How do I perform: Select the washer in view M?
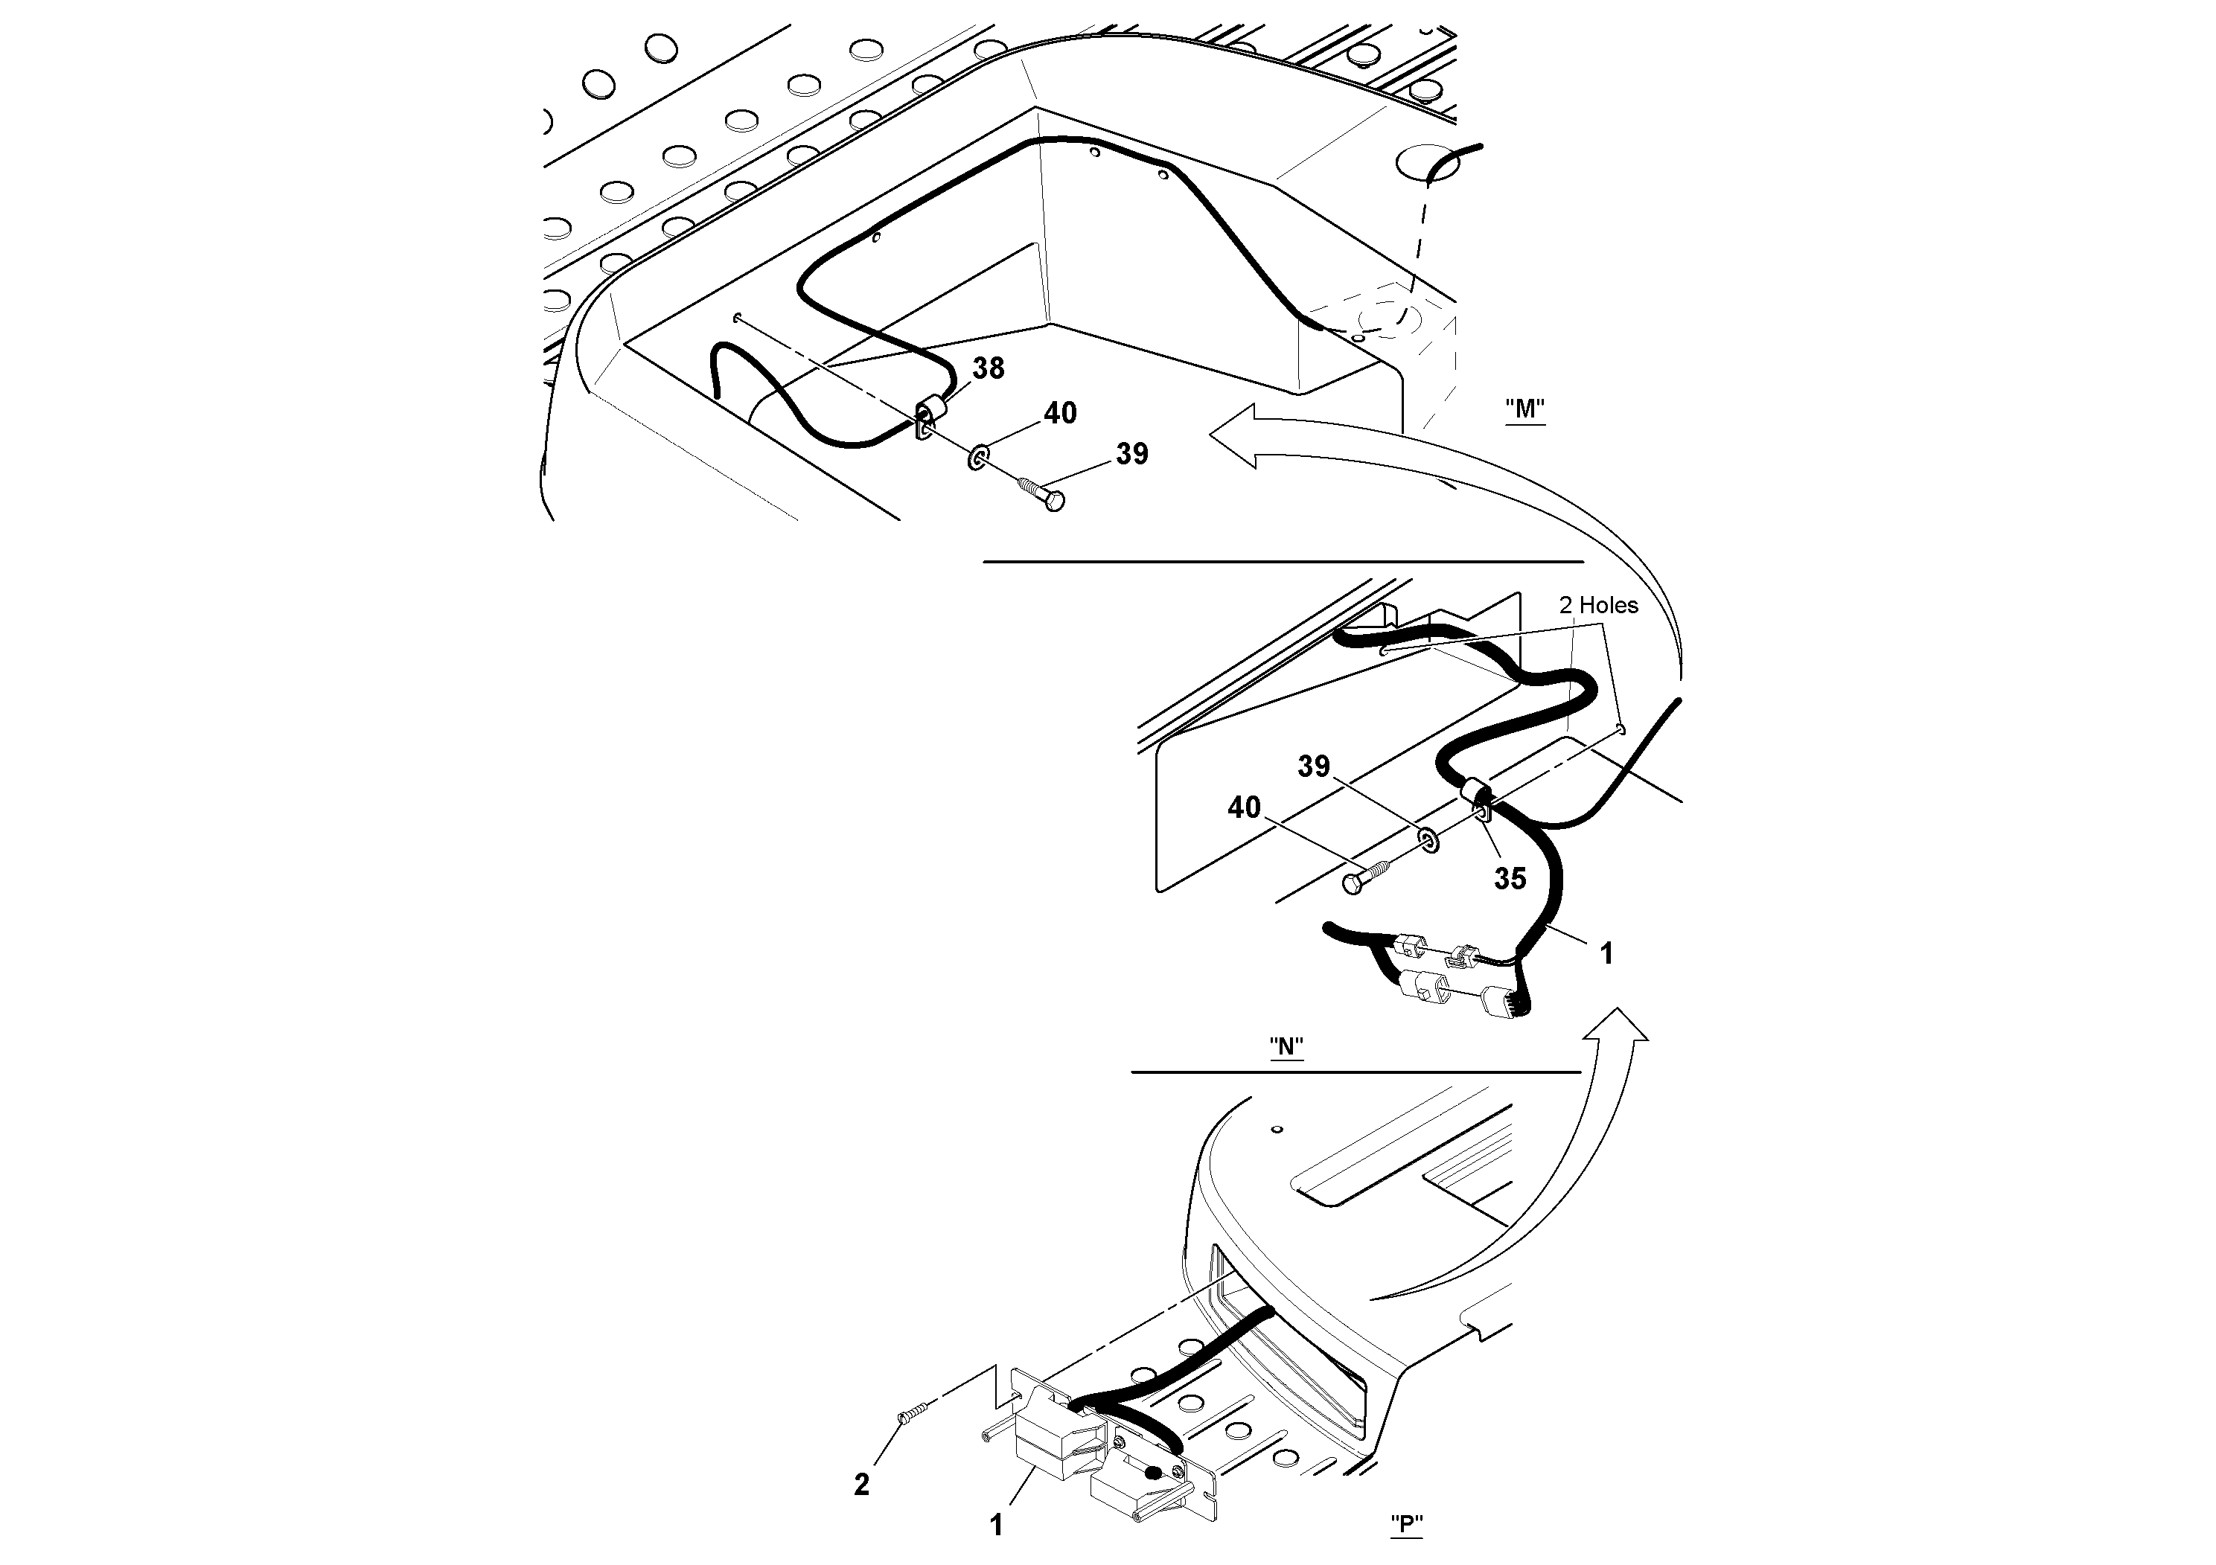(977, 455)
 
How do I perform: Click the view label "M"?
(1525, 409)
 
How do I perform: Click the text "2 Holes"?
(1598, 605)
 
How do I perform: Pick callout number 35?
(1510, 878)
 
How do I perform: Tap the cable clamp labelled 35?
(1476, 798)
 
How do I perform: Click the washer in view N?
(1428, 840)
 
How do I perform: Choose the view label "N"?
(1286, 1048)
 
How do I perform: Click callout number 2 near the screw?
(862, 1484)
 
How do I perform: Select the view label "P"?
(1407, 1525)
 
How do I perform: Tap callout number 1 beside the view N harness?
(1606, 953)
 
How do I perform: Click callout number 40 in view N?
(1244, 807)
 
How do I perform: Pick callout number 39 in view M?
(1132, 453)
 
